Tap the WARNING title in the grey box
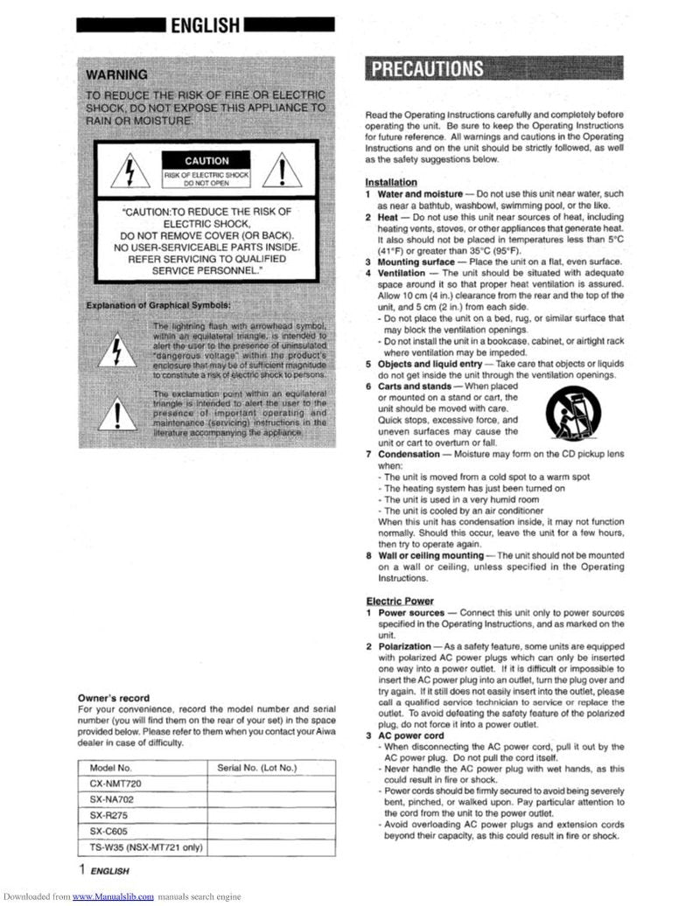(117, 74)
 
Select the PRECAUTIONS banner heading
(429, 70)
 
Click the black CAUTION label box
(206, 161)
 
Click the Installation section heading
(390, 182)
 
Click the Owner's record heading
(114, 698)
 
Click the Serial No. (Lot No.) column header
(257, 768)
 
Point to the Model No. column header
(110, 768)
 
